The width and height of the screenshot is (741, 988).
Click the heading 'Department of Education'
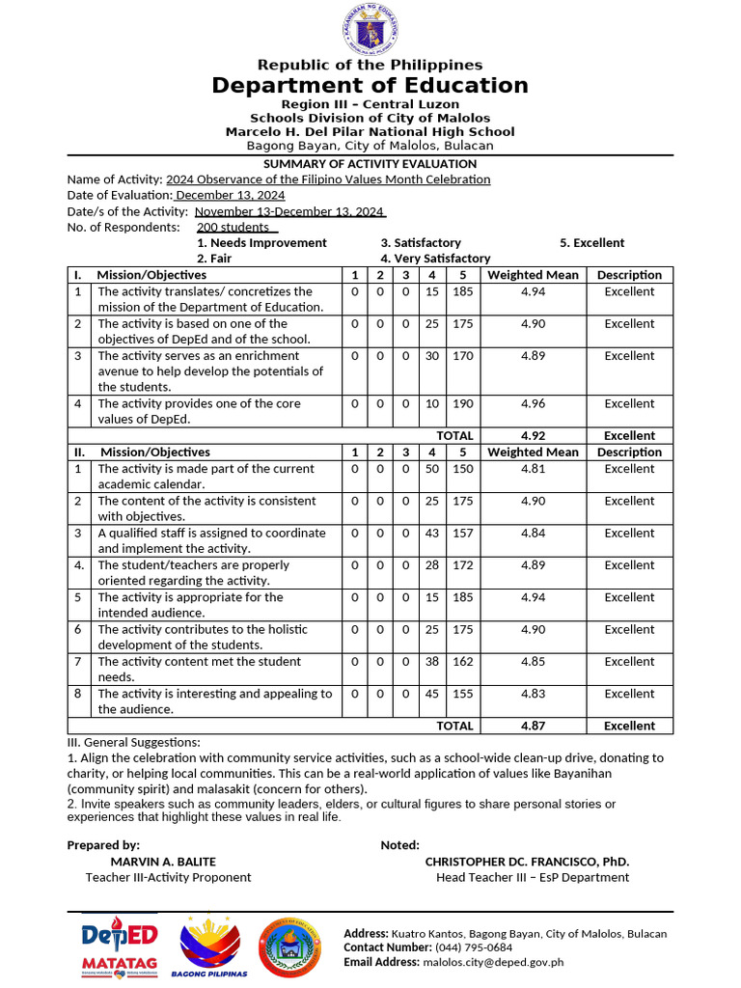point(370,86)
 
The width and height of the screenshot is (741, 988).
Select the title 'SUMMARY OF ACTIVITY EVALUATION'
point(370,163)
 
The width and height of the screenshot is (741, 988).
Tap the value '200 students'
point(233,228)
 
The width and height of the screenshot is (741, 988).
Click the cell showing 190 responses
point(462,404)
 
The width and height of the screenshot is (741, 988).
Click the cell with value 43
point(432,534)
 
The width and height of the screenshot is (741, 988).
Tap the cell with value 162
point(462,662)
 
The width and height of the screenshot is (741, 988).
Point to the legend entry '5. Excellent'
point(591,243)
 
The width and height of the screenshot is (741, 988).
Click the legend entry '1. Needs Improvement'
point(261,243)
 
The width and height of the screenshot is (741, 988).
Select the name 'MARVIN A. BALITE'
point(163,862)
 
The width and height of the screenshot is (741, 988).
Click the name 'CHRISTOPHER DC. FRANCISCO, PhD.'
point(527,862)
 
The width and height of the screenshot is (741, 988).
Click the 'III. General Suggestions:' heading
point(133,743)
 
